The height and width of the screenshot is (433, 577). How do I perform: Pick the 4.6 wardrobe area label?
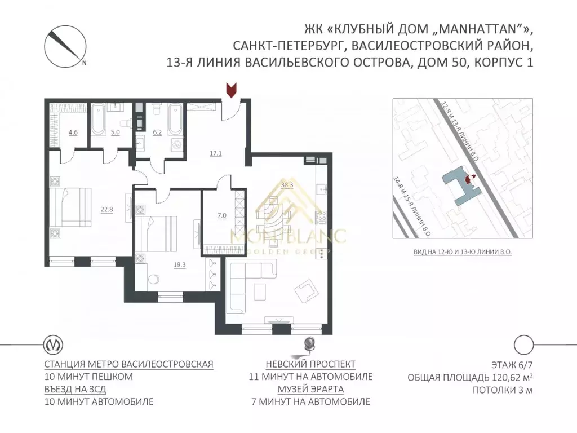tap(73, 134)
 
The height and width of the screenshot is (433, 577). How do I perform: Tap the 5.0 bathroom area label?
tap(116, 134)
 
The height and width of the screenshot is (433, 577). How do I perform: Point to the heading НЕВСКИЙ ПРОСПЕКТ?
tap(310, 364)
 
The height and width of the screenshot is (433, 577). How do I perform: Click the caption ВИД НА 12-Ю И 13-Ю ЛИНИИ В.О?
tap(461, 253)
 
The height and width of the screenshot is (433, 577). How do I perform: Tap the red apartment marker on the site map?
tap(468, 179)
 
